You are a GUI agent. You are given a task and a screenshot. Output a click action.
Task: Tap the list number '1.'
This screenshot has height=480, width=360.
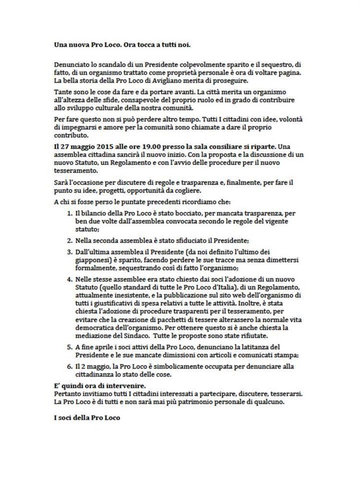pyautogui.click(x=69, y=212)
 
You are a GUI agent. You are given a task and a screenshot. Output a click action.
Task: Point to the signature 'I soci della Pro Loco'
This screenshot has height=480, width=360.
pyautogui.click(x=86, y=418)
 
